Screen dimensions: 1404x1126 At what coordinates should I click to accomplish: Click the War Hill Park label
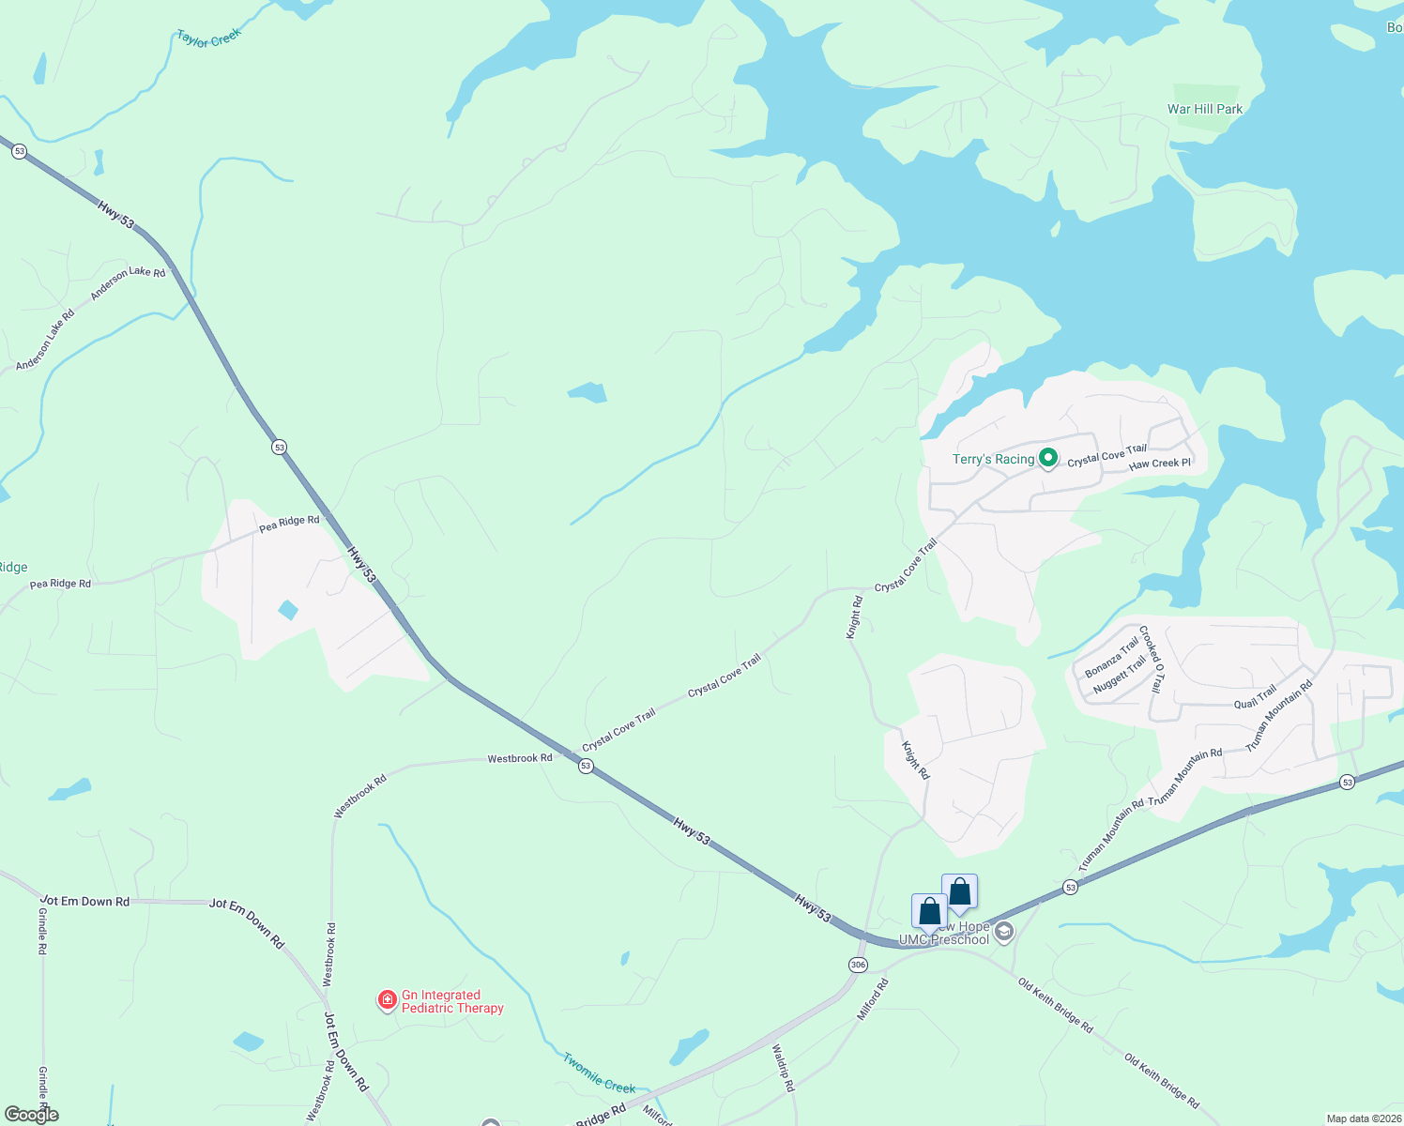click(1204, 109)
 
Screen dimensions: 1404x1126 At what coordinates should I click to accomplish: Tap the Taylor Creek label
click(209, 38)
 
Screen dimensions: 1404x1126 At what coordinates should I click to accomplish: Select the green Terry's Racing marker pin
click(1048, 459)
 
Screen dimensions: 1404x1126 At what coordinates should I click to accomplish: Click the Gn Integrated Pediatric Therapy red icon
click(387, 1000)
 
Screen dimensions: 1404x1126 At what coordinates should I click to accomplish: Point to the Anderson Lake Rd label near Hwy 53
click(128, 283)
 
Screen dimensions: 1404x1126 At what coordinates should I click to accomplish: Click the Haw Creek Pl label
click(1159, 464)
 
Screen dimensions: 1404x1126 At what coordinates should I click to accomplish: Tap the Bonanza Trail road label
click(1111, 657)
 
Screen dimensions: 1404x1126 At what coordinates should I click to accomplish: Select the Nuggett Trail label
click(1120, 676)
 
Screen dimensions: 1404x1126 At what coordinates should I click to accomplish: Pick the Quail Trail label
click(1255, 697)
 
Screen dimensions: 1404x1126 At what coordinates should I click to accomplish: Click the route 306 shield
click(858, 965)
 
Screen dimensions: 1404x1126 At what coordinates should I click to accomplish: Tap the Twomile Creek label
click(599, 1073)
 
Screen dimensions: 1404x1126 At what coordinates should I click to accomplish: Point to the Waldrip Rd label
click(783, 1068)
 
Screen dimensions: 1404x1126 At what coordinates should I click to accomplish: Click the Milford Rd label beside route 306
click(872, 1000)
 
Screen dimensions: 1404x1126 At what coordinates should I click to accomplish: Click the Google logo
click(32, 1115)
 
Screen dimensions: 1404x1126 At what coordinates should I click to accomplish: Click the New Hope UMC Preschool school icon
click(1004, 932)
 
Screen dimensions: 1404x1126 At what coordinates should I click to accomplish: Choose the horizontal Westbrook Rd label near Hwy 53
click(519, 758)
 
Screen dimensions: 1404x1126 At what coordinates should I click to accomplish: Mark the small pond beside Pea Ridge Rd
click(288, 610)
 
